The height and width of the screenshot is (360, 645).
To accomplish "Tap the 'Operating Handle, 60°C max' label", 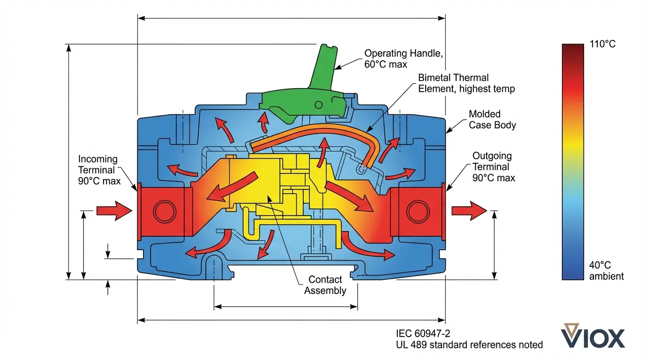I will click(403, 59).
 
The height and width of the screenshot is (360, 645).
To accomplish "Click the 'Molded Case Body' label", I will click(492, 120).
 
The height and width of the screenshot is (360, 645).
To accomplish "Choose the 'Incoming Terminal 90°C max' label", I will click(98, 170).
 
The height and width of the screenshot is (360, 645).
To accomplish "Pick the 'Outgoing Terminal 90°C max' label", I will click(493, 167).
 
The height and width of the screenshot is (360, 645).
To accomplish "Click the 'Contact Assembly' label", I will click(325, 285).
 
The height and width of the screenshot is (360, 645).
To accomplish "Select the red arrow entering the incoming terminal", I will click(114, 211).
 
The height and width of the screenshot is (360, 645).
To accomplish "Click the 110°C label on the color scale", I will click(602, 45).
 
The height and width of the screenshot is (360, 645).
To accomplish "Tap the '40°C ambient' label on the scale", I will click(606, 271).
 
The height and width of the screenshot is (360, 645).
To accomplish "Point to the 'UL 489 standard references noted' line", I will click(469, 345).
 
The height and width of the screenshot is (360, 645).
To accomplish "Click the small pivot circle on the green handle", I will click(319, 104).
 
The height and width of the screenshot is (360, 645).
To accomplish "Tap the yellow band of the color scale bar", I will click(573, 141).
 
